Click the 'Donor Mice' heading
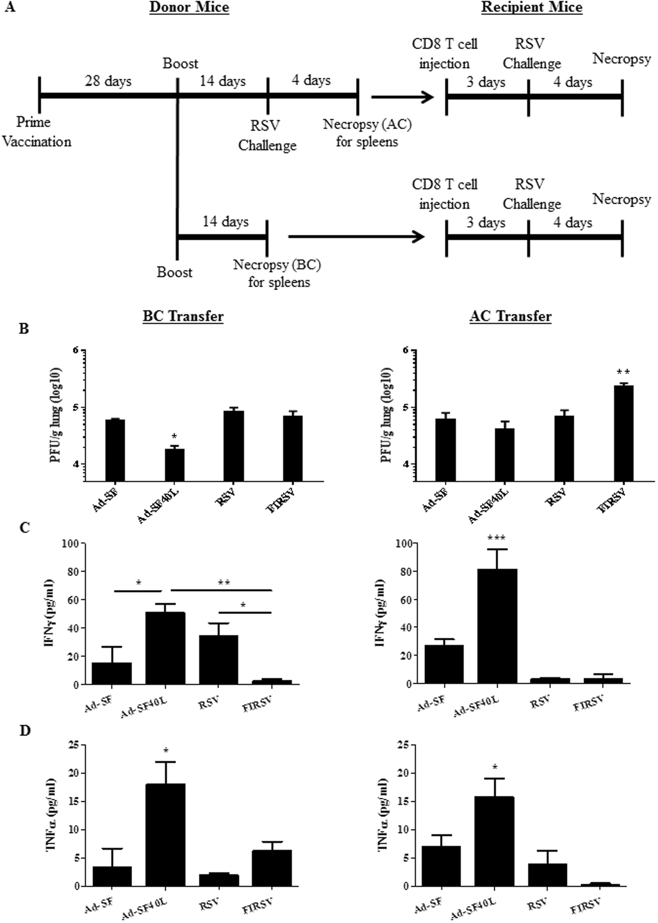(189, 7)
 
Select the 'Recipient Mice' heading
(532, 7)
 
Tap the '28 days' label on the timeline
(108, 81)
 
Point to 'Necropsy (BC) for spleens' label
(277, 273)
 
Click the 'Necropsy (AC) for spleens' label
(367, 133)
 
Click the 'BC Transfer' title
(183, 316)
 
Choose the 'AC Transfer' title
(511, 316)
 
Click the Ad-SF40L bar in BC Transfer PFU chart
(174, 465)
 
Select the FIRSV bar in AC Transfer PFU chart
(623, 433)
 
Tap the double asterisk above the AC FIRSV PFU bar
(623, 372)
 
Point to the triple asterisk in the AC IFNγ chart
(497, 538)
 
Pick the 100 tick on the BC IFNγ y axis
(71, 543)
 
